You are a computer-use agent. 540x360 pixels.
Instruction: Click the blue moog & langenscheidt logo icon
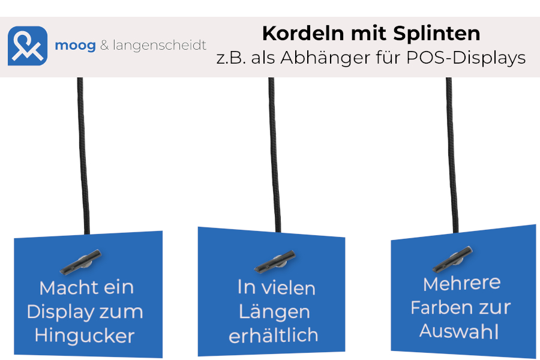[28, 46]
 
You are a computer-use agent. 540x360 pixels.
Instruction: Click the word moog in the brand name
[76, 46]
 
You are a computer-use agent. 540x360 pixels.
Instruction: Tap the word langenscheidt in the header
[160, 45]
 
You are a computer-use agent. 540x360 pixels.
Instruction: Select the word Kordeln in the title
[304, 34]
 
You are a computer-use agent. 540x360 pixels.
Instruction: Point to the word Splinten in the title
[437, 34]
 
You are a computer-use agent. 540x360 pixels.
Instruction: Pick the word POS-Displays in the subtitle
[466, 58]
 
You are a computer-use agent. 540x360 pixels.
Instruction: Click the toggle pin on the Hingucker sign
[81, 262]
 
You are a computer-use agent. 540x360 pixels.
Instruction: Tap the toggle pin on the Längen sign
[275, 262]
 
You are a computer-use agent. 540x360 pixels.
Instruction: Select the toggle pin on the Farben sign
[452, 259]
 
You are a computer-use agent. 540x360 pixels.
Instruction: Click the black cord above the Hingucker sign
[83, 156]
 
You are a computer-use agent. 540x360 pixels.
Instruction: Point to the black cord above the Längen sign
[274, 155]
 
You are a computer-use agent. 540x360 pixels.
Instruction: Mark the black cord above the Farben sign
[452, 155]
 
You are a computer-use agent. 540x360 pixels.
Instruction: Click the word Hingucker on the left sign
[85, 336]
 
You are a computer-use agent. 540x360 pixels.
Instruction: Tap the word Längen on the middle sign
[274, 313]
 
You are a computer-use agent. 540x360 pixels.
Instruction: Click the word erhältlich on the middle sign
[274, 335]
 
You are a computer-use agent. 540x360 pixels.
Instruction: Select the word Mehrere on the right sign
[462, 284]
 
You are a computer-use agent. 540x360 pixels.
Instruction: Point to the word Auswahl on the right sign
[459, 331]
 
